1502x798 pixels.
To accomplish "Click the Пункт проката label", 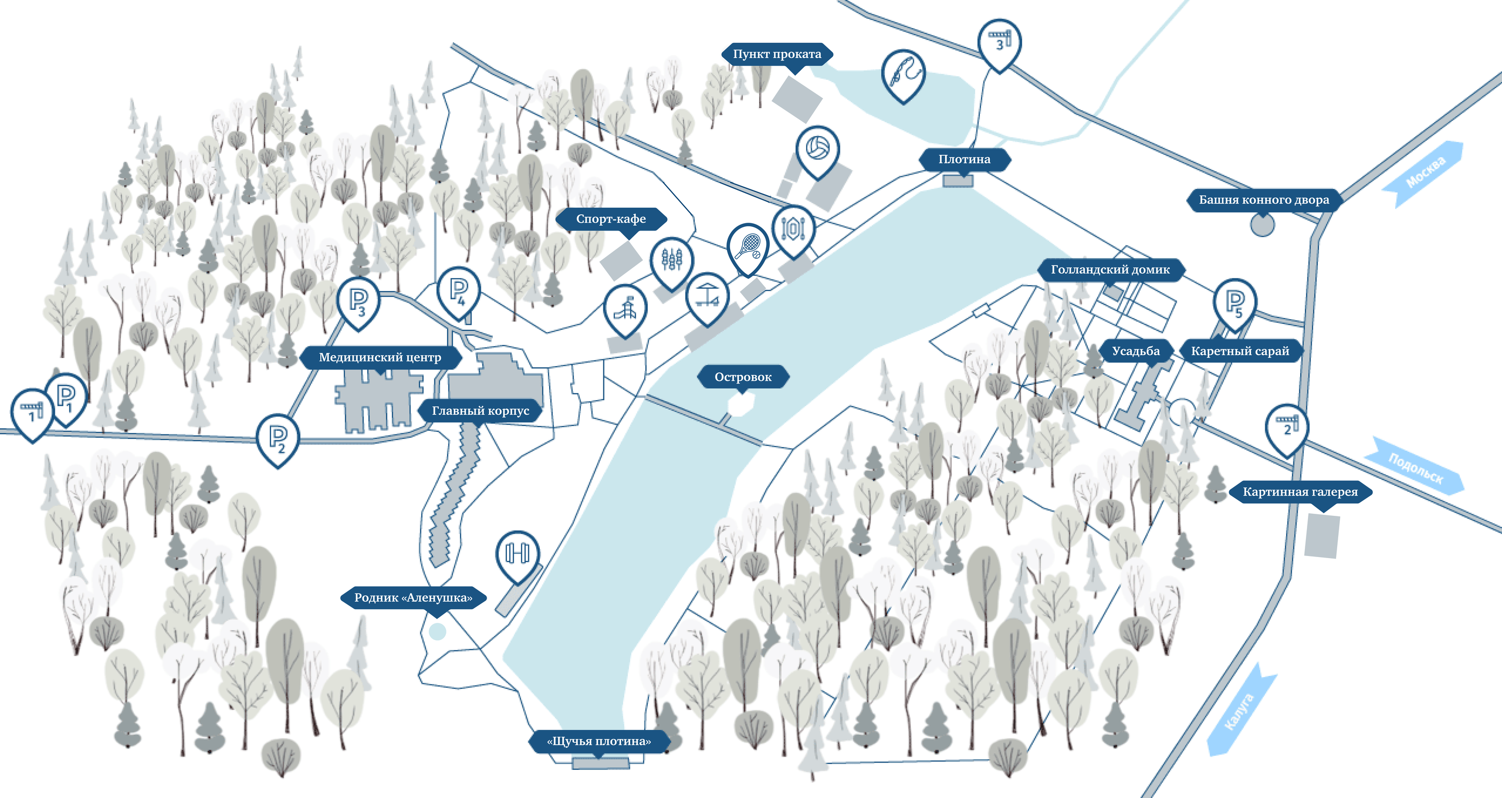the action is (777, 54).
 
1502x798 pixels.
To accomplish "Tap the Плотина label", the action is (964, 159).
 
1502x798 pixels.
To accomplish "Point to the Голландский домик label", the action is (1110, 270).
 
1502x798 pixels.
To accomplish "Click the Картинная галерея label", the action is (1300, 492).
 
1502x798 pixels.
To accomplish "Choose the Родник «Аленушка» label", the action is (414, 598).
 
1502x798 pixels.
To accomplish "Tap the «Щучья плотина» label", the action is (599, 742).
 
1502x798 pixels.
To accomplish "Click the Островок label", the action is (743, 378).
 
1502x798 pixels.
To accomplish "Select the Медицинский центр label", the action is (380, 358).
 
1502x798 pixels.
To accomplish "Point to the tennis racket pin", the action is (747, 248).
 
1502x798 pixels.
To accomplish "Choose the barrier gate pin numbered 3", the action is (999, 44).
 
